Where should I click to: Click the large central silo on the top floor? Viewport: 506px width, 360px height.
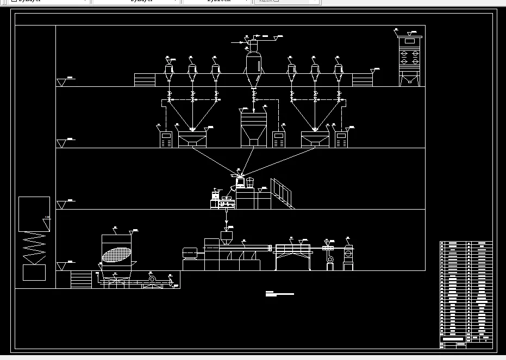(x=253, y=64)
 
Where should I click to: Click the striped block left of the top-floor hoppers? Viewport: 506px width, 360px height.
(x=144, y=80)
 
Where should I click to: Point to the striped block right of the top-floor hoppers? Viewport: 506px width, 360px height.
(x=361, y=80)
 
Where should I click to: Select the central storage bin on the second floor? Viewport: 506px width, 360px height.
(x=254, y=127)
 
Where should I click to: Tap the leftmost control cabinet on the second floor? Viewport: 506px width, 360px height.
(x=166, y=140)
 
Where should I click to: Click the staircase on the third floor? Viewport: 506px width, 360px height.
(x=283, y=193)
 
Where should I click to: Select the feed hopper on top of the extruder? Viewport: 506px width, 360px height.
(x=227, y=237)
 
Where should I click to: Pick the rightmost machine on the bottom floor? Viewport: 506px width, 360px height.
(x=348, y=257)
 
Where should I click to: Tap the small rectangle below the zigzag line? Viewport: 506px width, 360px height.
(x=34, y=272)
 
